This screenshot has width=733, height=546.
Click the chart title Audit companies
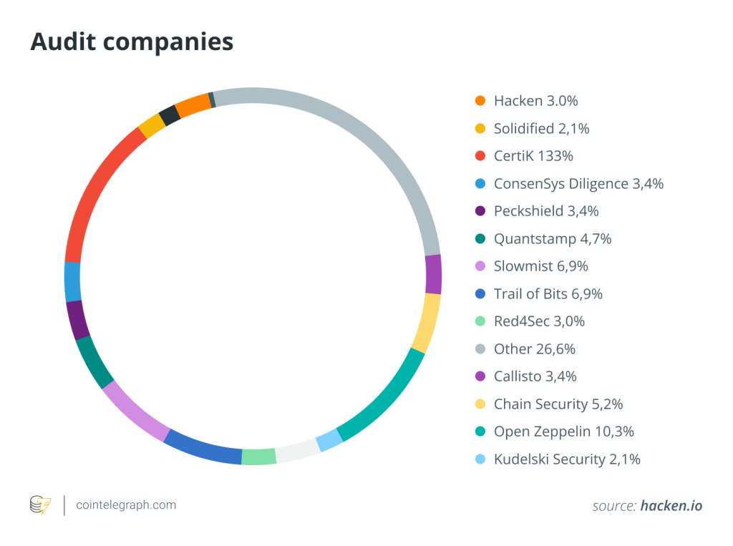coord(132,42)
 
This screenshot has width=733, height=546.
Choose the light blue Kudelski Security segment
coord(329,439)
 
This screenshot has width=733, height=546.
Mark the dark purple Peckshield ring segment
coord(77,319)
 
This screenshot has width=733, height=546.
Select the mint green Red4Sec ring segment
coord(259,457)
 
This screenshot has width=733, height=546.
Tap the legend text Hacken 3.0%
coord(535,101)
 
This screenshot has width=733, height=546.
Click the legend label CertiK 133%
coord(533,156)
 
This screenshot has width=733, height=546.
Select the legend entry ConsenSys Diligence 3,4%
coord(578,184)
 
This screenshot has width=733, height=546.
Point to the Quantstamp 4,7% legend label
coord(553,239)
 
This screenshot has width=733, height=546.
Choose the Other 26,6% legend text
coord(534,349)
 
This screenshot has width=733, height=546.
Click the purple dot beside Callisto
coord(480,376)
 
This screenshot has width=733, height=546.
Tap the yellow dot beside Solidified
coord(480,129)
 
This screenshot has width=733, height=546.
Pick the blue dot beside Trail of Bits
coord(480,294)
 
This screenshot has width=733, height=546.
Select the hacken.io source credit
coord(671,506)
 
